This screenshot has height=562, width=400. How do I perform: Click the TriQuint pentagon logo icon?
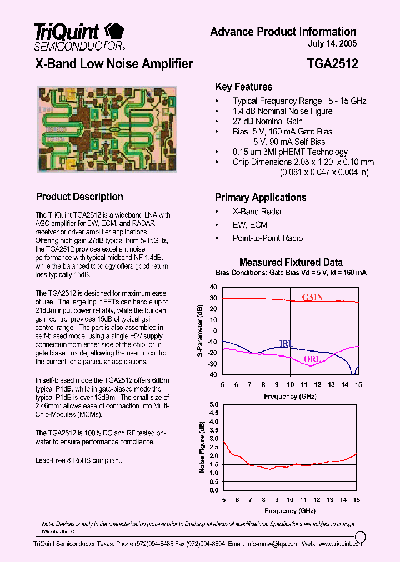pos(114,29)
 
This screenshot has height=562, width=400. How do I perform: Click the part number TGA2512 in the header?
pos(332,64)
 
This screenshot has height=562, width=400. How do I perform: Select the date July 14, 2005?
pos(332,44)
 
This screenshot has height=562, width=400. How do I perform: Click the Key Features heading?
pos(243,87)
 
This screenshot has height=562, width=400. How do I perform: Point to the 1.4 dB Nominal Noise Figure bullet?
pos(282,111)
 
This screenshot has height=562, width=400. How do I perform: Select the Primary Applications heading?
pos(260,198)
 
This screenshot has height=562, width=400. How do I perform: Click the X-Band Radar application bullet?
pos(257,212)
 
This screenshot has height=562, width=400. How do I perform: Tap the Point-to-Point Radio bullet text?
pos(267,238)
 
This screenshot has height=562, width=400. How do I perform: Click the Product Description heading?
pos(79,197)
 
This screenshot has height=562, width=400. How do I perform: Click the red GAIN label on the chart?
pos(312,297)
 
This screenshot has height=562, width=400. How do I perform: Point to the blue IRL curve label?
pos(286,344)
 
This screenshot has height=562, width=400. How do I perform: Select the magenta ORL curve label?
pos(312,359)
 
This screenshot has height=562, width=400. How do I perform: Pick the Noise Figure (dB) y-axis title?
pos(201,447)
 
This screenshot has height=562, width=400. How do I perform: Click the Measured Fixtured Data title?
pos(291,262)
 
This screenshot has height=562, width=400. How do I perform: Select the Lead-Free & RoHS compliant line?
pos(79,460)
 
